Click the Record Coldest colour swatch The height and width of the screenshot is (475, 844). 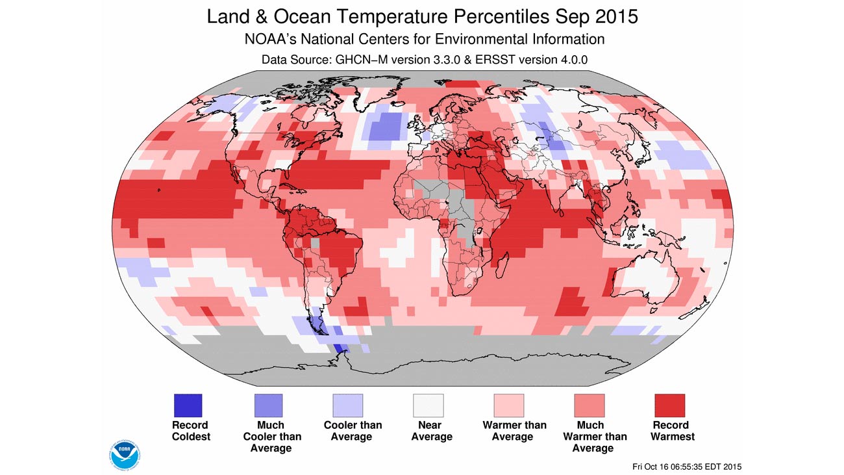pyautogui.click(x=187, y=405)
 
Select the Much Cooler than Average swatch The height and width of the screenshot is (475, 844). pyautogui.click(x=267, y=405)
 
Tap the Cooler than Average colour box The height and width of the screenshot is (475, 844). pyautogui.click(x=348, y=405)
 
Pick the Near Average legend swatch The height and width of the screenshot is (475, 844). pyautogui.click(x=428, y=405)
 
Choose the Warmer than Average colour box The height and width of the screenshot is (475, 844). pyautogui.click(x=509, y=405)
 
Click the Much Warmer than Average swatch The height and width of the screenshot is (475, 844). pyautogui.click(x=590, y=405)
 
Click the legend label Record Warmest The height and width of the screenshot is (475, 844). pyautogui.click(x=670, y=431)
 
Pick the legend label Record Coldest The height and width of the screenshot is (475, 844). pyautogui.click(x=191, y=431)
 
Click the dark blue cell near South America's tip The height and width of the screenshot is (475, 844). pyautogui.click(x=341, y=351)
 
